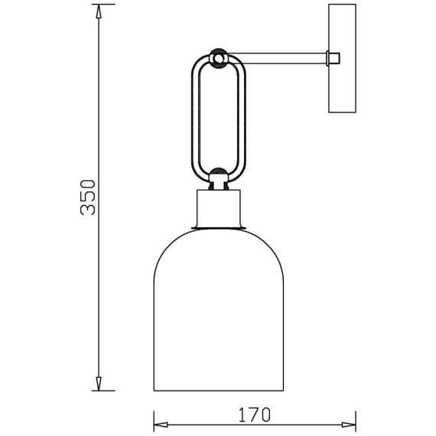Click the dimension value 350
tap(88, 197)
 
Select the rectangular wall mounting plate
tap(342, 59)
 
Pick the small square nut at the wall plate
tap(333, 57)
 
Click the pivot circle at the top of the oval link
tap(220, 57)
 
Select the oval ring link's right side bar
tap(244, 115)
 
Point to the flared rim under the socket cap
tap(220, 227)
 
